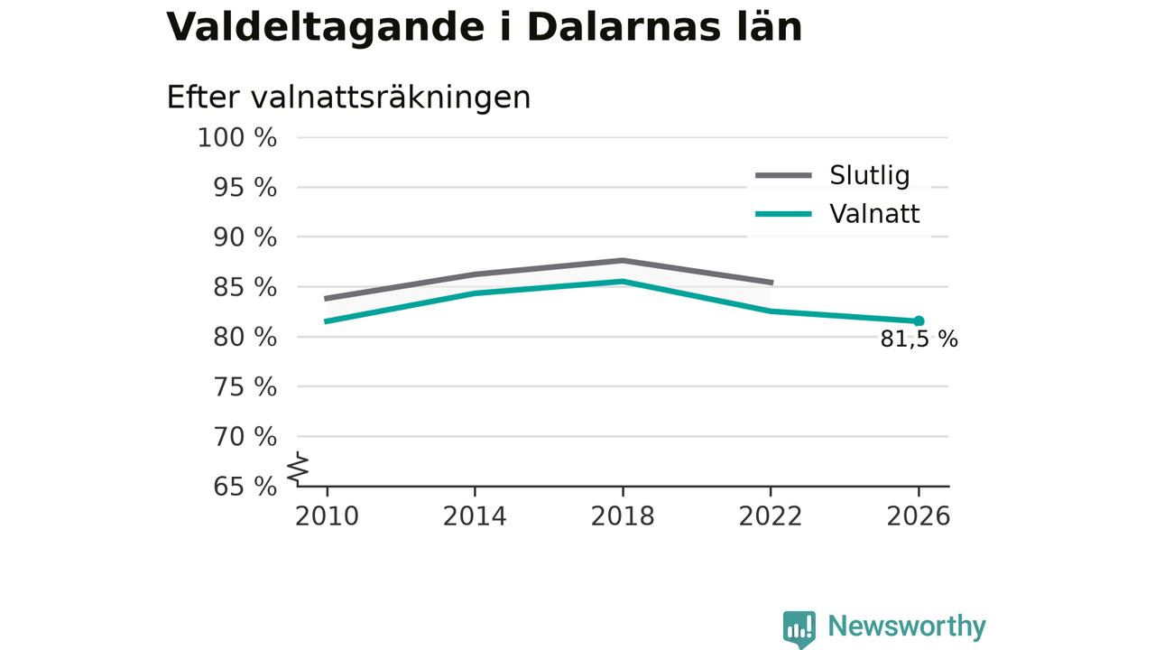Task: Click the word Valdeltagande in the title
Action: coord(326,28)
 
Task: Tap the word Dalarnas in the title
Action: coord(624,26)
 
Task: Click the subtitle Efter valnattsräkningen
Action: coord(348,97)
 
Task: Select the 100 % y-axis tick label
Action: coord(237,138)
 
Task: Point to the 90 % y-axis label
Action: coord(245,237)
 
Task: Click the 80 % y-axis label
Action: coord(245,338)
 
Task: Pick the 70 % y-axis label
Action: coord(245,437)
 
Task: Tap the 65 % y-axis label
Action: coord(245,486)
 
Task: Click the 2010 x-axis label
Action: coord(327,516)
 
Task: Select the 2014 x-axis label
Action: coord(475,516)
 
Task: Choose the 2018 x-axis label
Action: coord(623,516)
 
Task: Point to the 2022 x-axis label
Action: coord(771,516)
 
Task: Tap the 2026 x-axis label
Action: coord(919,516)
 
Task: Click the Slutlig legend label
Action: coord(869,175)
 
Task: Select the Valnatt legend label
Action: coord(874,214)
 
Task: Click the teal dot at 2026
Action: coord(919,320)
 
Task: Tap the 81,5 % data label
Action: coord(919,339)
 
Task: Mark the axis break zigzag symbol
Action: coord(298,469)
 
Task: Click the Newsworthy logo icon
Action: coord(799,629)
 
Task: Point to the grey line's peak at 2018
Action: coord(623,261)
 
